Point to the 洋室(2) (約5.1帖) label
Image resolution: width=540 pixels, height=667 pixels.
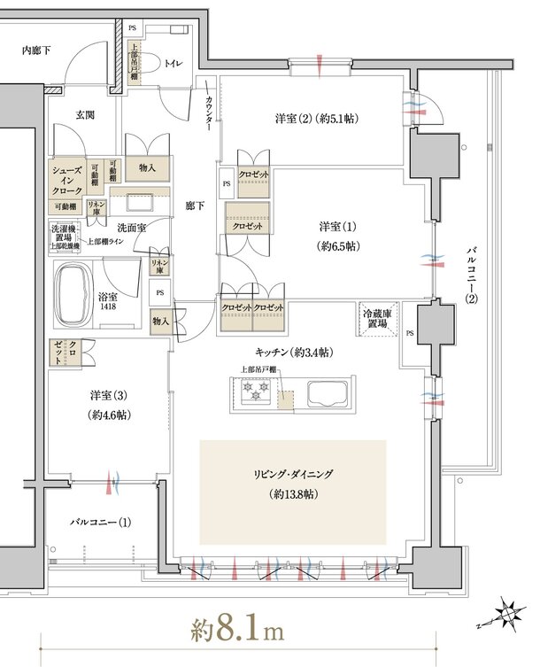pos(316,118)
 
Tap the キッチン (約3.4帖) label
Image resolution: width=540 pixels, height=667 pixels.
pos(292,353)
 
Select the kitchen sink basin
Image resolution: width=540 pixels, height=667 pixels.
pos(318,391)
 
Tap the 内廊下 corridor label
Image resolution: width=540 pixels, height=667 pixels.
pos(35,50)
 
